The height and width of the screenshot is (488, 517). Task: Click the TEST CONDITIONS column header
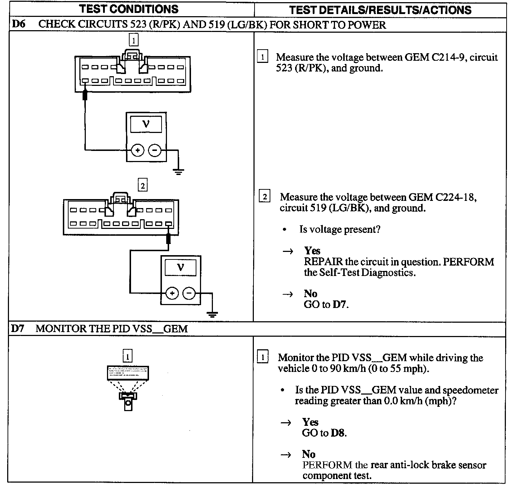click(x=129, y=9)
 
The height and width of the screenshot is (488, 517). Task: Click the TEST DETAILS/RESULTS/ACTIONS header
click(x=380, y=10)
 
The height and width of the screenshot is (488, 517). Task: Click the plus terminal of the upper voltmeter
click(x=138, y=150)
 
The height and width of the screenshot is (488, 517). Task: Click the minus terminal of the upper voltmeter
click(x=155, y=150)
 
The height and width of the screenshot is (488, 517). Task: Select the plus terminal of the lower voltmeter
click(x=172, y=294)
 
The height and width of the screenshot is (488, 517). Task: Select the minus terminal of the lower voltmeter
click(x=189, y=294)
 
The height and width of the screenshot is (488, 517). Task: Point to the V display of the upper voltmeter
click(x=146, y=124)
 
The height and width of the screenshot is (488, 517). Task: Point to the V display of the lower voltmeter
click(x=180, y=268)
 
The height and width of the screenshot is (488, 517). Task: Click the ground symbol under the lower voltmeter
click(x=213, y=314)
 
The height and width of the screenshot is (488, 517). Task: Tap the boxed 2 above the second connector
click(x=143, y=185)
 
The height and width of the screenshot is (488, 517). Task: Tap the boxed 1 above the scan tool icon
click(x=127, y=356)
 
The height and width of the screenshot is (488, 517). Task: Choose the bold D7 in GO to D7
click(x=340, y=305)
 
